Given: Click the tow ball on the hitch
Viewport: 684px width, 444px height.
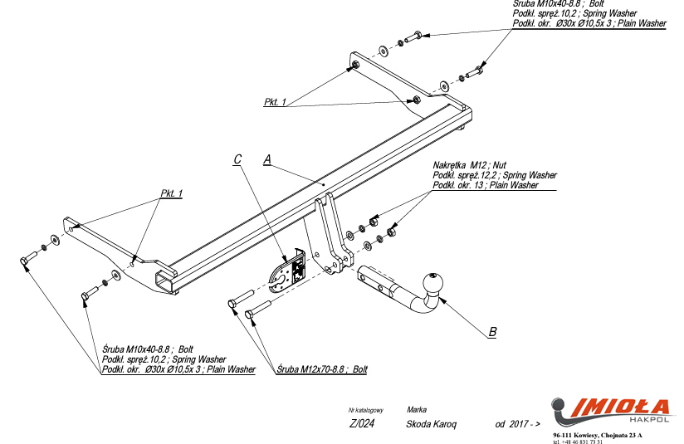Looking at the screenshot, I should (x=433, y=284).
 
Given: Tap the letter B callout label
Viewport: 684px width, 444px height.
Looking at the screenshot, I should (x=492, y=332).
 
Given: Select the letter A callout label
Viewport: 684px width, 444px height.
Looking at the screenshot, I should (x=267, y=159).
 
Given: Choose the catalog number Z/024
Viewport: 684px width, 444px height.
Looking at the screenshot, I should (x=363, y=424).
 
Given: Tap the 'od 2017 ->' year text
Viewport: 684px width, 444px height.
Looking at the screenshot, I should (x=516, y=424).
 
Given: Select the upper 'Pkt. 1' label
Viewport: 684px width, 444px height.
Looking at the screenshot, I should (x=276, y=102).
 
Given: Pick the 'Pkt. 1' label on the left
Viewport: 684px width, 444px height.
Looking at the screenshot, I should (x=171, y=193).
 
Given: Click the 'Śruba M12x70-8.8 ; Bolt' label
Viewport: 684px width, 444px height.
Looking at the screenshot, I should (x=322, y=369).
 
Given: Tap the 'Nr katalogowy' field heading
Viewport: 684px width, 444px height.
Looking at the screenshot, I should (x=365, y=410).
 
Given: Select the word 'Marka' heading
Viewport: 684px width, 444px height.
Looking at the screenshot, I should (x=417, y=410).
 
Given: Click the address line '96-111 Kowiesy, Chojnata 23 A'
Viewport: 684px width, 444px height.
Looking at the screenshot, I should (x=597, y=435).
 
